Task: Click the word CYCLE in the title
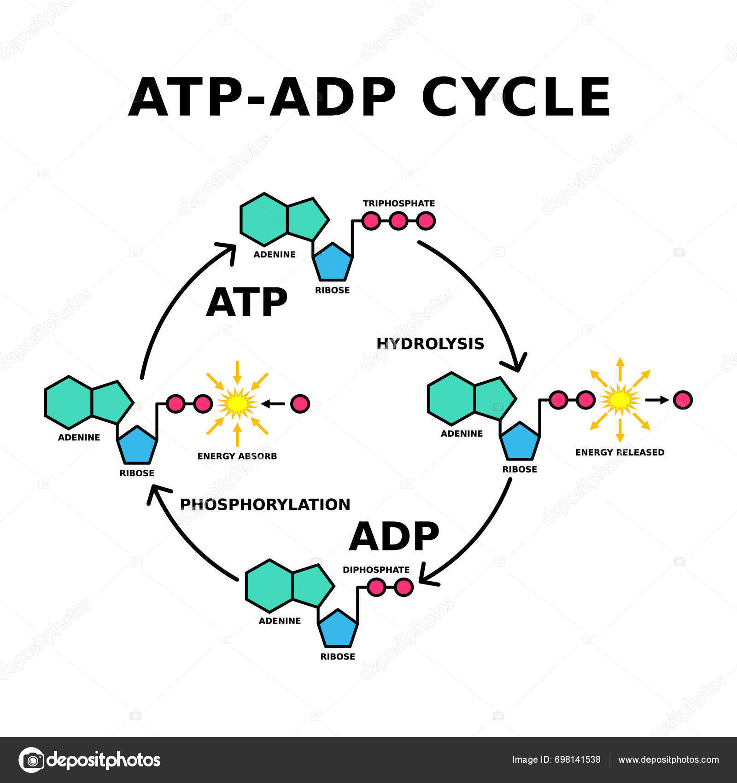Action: (x=516, y=98)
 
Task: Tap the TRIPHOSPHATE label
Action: (x=398, y=203)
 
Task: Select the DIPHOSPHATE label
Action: (x=376, y=570)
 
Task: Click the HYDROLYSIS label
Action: (x=430, y=344)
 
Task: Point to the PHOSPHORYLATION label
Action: (x=265, y=504)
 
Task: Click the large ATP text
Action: (x=246, y=303)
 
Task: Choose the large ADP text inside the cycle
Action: (x=394, y=537)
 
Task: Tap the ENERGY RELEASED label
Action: (x=620, y=452)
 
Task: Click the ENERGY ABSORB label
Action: (x=237, y=456)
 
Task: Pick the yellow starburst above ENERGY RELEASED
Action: (x=620, y=400)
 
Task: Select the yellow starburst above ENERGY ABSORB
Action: (x=237, y=403)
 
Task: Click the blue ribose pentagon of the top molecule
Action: (x=333, y=263)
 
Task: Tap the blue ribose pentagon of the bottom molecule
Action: (x=338, y=629)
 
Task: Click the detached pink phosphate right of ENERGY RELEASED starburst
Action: (x=682, y=400)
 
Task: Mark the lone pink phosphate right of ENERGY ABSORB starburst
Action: (x=300, y=403)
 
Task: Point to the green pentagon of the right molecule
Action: (x=493, y=397)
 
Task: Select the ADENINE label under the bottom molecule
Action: (x=280, y=621)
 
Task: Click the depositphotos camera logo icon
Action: (x=31, y=760)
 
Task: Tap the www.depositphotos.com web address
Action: (x=668, y=760)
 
